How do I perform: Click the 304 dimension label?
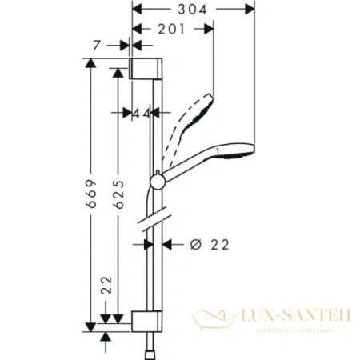191,10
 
